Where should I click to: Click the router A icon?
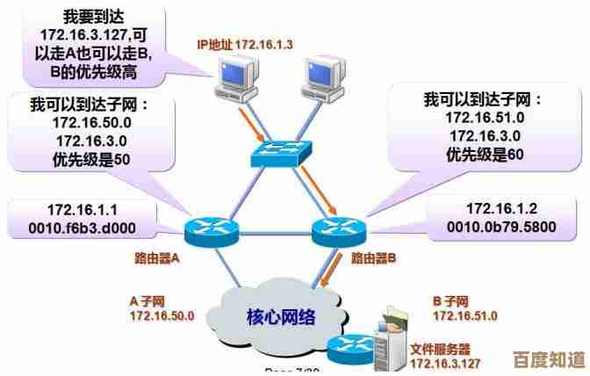click(211, 231)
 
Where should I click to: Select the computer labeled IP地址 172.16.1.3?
click(236, 79)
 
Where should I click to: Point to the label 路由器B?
click(374, 259)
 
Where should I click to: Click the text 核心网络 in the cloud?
click(281, 316)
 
